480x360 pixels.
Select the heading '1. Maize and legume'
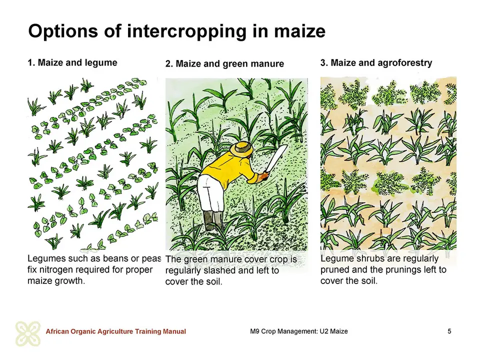click(72, 63)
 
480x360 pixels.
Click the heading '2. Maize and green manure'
click(224, 63)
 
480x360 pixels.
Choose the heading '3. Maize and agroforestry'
click(376, 63)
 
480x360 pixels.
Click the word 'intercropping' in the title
click(186, 31)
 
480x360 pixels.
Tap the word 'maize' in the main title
click(299, 31)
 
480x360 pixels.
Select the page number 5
click(449, 331)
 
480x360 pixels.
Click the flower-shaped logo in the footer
click(28, 333)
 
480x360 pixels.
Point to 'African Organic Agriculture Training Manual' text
click(115, 331)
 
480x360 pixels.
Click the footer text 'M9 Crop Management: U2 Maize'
click(299, 331)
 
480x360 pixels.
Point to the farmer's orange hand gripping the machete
click(262, 176)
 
